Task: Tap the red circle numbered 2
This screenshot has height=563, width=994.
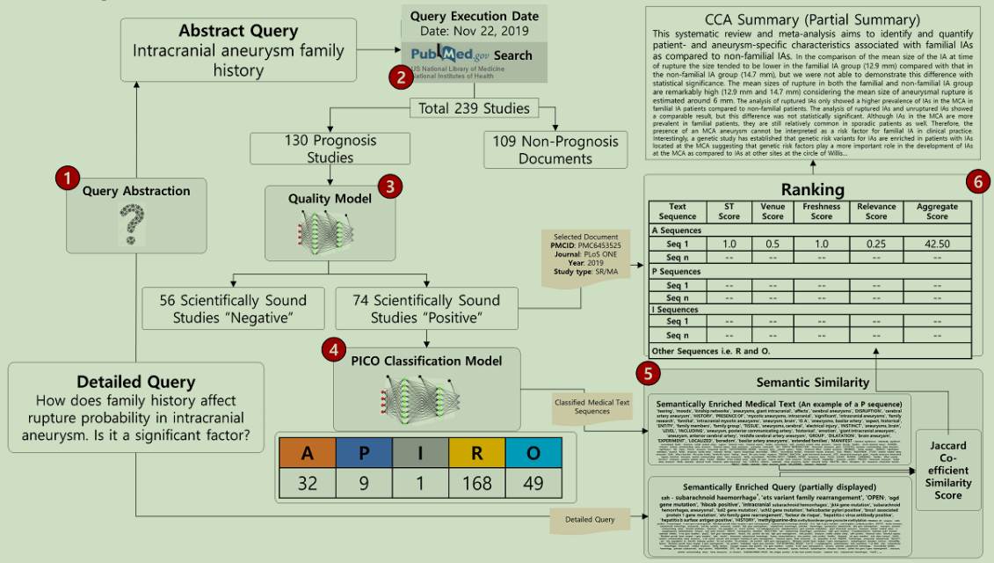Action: [x=401, y=77]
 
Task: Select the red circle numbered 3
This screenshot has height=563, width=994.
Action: [x=390, y=186]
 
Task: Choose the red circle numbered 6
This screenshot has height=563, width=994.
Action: [x=976, y=182]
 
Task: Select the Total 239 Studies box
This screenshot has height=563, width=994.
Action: [x=474, y=109]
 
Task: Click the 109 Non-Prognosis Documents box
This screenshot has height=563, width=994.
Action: [x=555, y=150]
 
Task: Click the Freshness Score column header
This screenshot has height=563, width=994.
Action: [x=821, y=211]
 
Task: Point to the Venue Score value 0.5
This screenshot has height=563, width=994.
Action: [x=773, y=244]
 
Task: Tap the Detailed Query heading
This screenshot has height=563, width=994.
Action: [x=135, y=382]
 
